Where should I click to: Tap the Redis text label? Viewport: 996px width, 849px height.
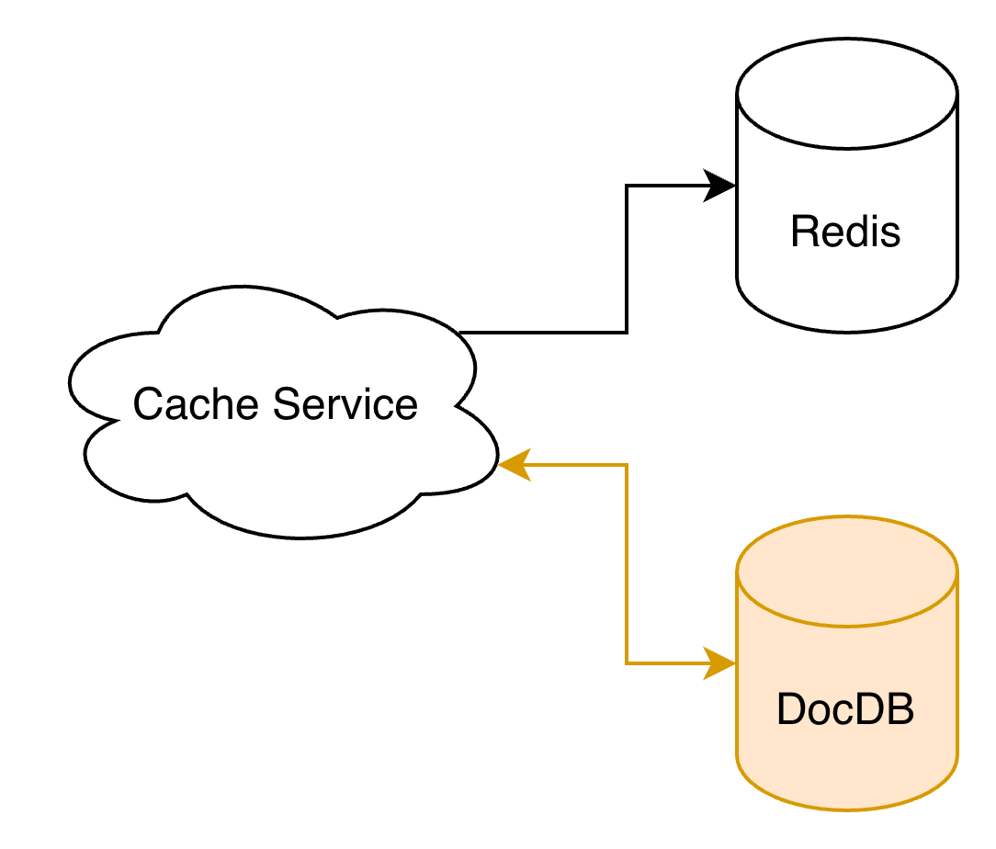(845, 232)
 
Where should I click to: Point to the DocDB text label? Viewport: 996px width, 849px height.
(845, 709)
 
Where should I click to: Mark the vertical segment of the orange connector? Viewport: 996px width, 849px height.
(627, 563)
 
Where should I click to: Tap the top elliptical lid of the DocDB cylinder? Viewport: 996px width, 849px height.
(847, 571)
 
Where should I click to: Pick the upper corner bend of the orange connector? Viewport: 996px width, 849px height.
(627, 465)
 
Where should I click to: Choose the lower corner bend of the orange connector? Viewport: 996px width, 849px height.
(627, 662)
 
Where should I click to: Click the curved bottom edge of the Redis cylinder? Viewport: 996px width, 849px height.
(847, 328)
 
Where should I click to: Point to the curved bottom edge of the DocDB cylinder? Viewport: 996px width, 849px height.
(847, 809)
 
